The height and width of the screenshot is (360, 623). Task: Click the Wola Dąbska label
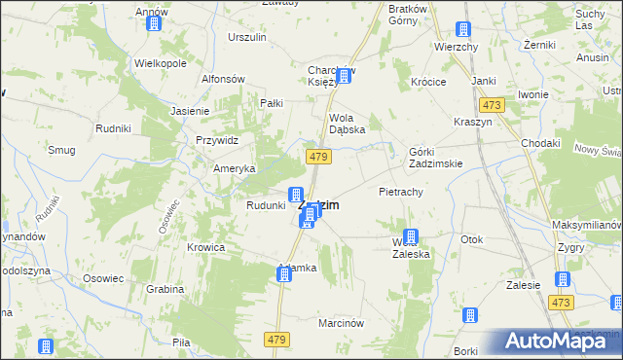pos(345,128)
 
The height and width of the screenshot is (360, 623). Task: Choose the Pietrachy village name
pos(400,192)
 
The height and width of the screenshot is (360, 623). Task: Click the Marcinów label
pos(342,322)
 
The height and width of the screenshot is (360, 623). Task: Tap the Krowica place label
pos(206,247)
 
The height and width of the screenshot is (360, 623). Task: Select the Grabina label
pos(165,289)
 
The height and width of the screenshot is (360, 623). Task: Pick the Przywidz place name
pos(216,140)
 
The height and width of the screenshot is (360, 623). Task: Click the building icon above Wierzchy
pos(463,29)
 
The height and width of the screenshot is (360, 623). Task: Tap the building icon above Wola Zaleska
pos(411,236)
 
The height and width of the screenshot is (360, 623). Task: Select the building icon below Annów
pos(154,23)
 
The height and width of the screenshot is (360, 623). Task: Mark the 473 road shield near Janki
pos(491,104)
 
